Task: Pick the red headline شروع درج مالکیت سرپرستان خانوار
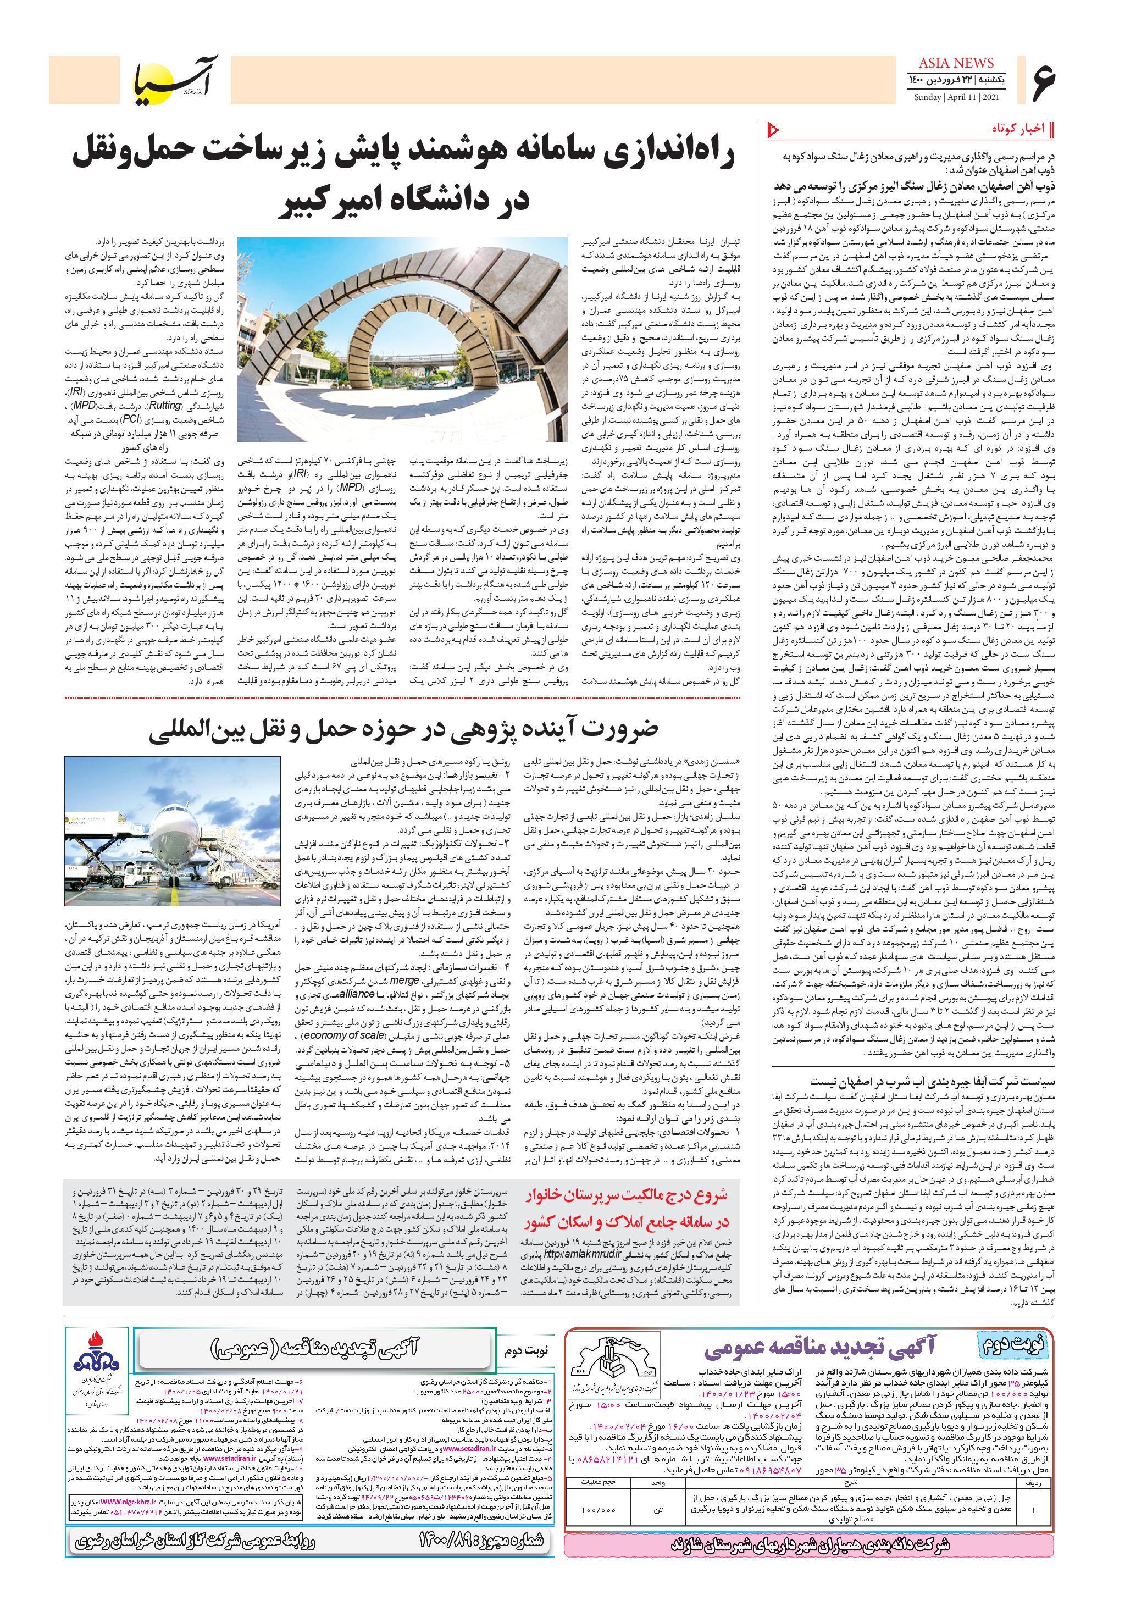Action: click(x=628, y=1196)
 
